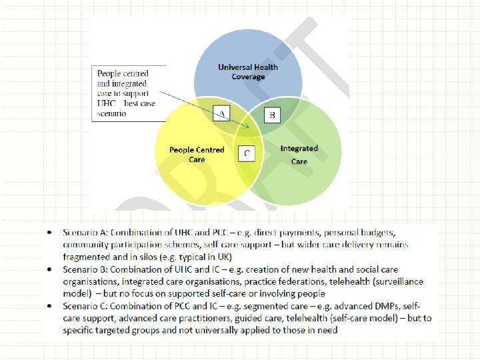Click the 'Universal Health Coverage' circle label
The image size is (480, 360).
[x=248, y=71]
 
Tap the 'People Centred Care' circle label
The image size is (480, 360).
[x=197, y=155]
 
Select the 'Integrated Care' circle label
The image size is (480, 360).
[x=299, y=155]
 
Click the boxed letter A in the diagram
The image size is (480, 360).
[x=221, y=113]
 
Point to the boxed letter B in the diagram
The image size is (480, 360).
[x=271, y=115]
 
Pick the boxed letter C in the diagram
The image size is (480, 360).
[x=247, y=154]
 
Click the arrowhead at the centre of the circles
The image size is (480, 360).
[x=249, y=126]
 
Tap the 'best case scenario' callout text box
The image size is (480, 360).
[x=127, y=93]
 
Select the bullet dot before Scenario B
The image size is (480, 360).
[x=51, y=271]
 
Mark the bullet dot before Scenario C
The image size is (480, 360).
[x=51, y=307]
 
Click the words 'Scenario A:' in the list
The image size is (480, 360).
[x=86, y=233]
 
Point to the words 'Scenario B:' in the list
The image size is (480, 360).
[x=86, y=270]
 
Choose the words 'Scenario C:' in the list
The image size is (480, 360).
[x=86, y=306]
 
